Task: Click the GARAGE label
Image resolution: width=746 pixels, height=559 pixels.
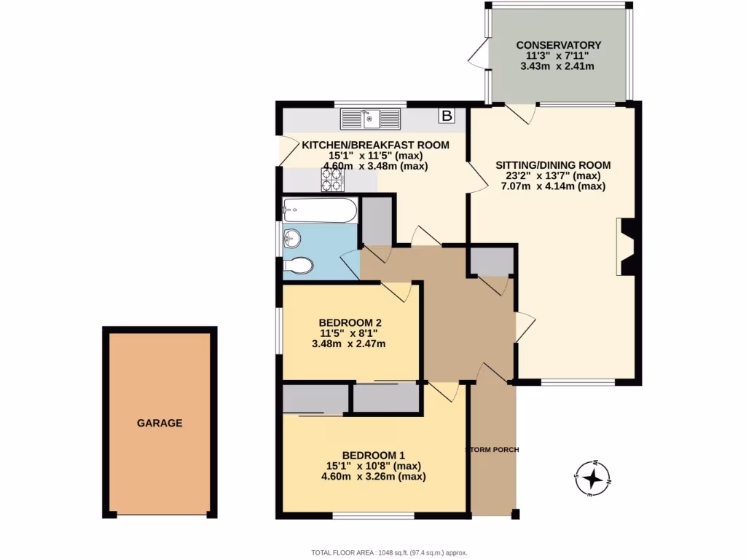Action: tap(160, 423)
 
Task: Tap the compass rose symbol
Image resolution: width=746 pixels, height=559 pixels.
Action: tap(594, 478)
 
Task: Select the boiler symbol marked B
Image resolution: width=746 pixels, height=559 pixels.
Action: tap(446, 116)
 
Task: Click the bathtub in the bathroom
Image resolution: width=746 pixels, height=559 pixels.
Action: tap(320, 211)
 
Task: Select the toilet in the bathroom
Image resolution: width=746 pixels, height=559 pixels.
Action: tap(299, 266)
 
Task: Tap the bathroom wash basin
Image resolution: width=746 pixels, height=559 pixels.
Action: tap(292, 238)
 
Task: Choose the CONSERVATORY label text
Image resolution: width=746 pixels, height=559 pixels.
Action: tap(557, 45)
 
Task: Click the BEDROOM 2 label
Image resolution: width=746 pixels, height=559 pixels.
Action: tap(350, 323)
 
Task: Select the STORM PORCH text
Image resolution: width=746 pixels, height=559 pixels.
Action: tap(492, 450)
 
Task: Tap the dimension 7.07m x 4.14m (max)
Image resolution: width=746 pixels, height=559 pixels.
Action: tap(553, 186)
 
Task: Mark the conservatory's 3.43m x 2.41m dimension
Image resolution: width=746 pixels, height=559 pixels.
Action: tap(557, 66)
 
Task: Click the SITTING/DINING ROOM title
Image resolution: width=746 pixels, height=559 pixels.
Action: tap(553, 165)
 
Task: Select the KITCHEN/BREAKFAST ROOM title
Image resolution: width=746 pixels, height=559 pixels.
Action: tap(375, 145)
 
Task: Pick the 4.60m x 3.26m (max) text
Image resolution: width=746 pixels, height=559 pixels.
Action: tap(373, 477)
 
